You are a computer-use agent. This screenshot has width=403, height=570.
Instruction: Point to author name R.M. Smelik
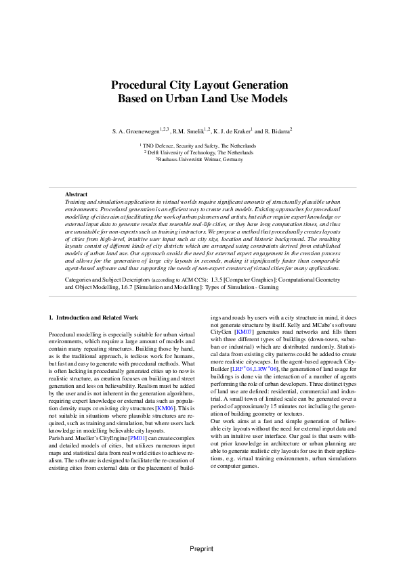coord(192,131)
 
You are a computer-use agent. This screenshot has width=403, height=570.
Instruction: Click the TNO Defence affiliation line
coord(201,146)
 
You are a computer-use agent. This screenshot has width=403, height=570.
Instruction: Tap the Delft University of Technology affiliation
coord(201,152)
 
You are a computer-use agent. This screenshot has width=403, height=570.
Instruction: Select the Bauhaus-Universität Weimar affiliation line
coord(201,159)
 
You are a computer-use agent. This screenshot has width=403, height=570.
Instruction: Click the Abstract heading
coord(76,194)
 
